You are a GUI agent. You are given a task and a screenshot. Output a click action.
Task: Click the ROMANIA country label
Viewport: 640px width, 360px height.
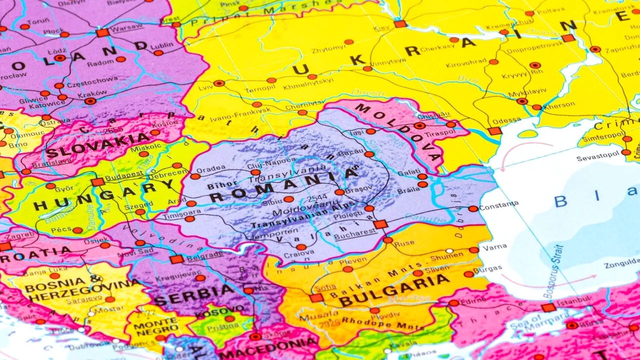click(283, 186)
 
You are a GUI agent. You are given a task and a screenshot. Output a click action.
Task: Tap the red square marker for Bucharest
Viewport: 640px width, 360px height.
click(380, 224)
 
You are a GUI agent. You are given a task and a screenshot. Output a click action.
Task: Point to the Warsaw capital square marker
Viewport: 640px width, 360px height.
click(102, 32)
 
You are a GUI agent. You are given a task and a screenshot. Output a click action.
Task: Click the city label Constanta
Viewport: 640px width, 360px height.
click(498, 204)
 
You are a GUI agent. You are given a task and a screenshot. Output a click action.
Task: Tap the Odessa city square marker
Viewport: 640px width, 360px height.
click(494, 131)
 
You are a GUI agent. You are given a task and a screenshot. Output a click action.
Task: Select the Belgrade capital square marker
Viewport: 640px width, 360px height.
click(176, 259)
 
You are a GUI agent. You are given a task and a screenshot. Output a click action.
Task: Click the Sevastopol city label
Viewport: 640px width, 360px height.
click(597, 158)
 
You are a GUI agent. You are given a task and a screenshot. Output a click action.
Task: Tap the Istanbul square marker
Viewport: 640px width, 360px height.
click(548, 307)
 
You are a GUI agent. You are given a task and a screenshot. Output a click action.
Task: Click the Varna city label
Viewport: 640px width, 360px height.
click(494, 246)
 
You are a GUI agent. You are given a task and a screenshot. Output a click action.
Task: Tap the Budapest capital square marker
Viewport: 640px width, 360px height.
click(97, 182)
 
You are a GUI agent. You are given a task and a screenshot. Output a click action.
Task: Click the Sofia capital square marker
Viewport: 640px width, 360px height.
click(316, 298)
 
